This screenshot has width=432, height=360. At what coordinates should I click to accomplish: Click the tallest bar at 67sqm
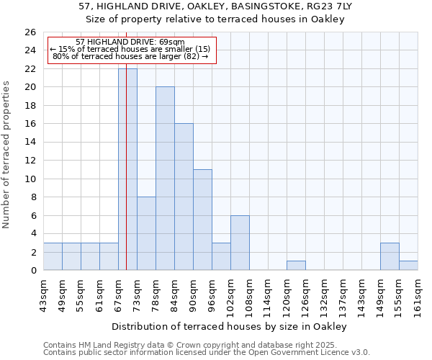[x=127, y=169]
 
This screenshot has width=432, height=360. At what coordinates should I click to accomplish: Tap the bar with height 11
[x=202, y=220]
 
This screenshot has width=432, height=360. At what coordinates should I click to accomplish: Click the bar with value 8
[x=146, y=233]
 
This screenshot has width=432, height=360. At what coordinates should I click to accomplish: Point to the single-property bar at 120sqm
[x=296, y=266]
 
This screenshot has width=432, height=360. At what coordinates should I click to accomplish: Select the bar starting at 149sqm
[x=390, y=256]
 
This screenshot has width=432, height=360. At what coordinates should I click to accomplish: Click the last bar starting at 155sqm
[x=408, y=266]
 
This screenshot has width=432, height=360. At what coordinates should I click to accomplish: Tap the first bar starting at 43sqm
[x=53, y=256]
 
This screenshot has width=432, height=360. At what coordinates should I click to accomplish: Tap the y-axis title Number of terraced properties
[x=6, y=154]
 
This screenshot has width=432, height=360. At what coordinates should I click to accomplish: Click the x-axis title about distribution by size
[x=230, y=326]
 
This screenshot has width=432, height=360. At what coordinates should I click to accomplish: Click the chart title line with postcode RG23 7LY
[x=215, y=6]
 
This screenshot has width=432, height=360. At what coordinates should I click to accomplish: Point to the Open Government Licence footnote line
[x=207, y=353]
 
